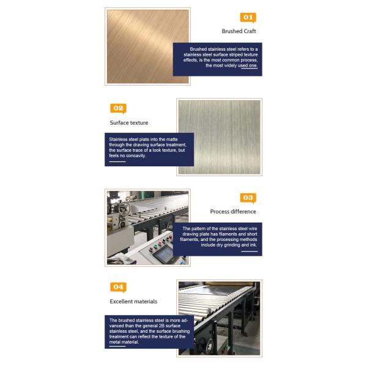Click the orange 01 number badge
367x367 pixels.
point(247,18)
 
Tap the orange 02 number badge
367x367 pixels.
point(118,108)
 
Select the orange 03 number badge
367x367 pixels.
point(247,198)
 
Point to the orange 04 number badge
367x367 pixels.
point(118,287)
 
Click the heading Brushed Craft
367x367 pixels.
point(239,31)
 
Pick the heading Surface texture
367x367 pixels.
point(128,122)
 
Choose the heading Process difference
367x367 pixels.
point(233,212)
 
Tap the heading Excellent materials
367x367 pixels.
point(133,302)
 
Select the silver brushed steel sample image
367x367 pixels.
point(219,136)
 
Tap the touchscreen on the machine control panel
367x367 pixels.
point(163,256)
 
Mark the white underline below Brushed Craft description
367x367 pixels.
point(249,70)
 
